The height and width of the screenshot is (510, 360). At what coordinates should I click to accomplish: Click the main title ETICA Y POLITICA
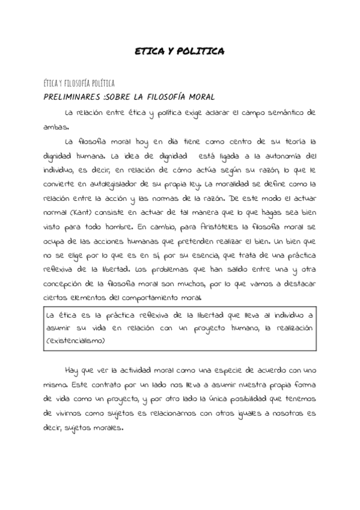[180, 52]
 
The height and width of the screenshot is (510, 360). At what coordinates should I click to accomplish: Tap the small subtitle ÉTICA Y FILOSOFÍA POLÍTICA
[80, 83]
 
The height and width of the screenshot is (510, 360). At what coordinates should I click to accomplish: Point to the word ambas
[56, 127]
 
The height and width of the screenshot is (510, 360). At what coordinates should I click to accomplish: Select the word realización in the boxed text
[292, 328]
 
